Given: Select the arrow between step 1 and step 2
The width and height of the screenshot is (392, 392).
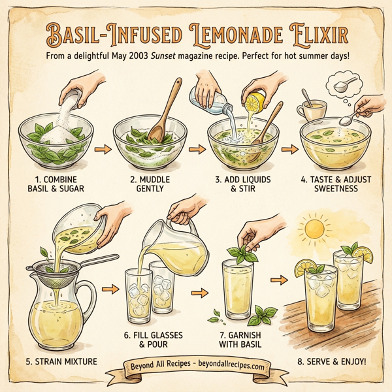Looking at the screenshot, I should coord(101,150).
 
